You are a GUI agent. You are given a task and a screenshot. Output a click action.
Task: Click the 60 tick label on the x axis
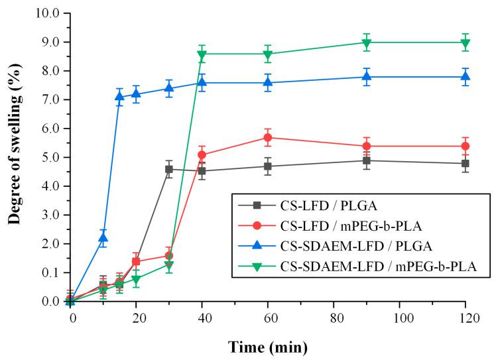[268, 318]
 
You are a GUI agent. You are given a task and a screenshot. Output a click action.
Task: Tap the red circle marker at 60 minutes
[268, 138]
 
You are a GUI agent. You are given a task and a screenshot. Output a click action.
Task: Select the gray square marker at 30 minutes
[169, 169]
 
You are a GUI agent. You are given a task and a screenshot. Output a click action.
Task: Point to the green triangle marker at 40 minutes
[202, 54]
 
